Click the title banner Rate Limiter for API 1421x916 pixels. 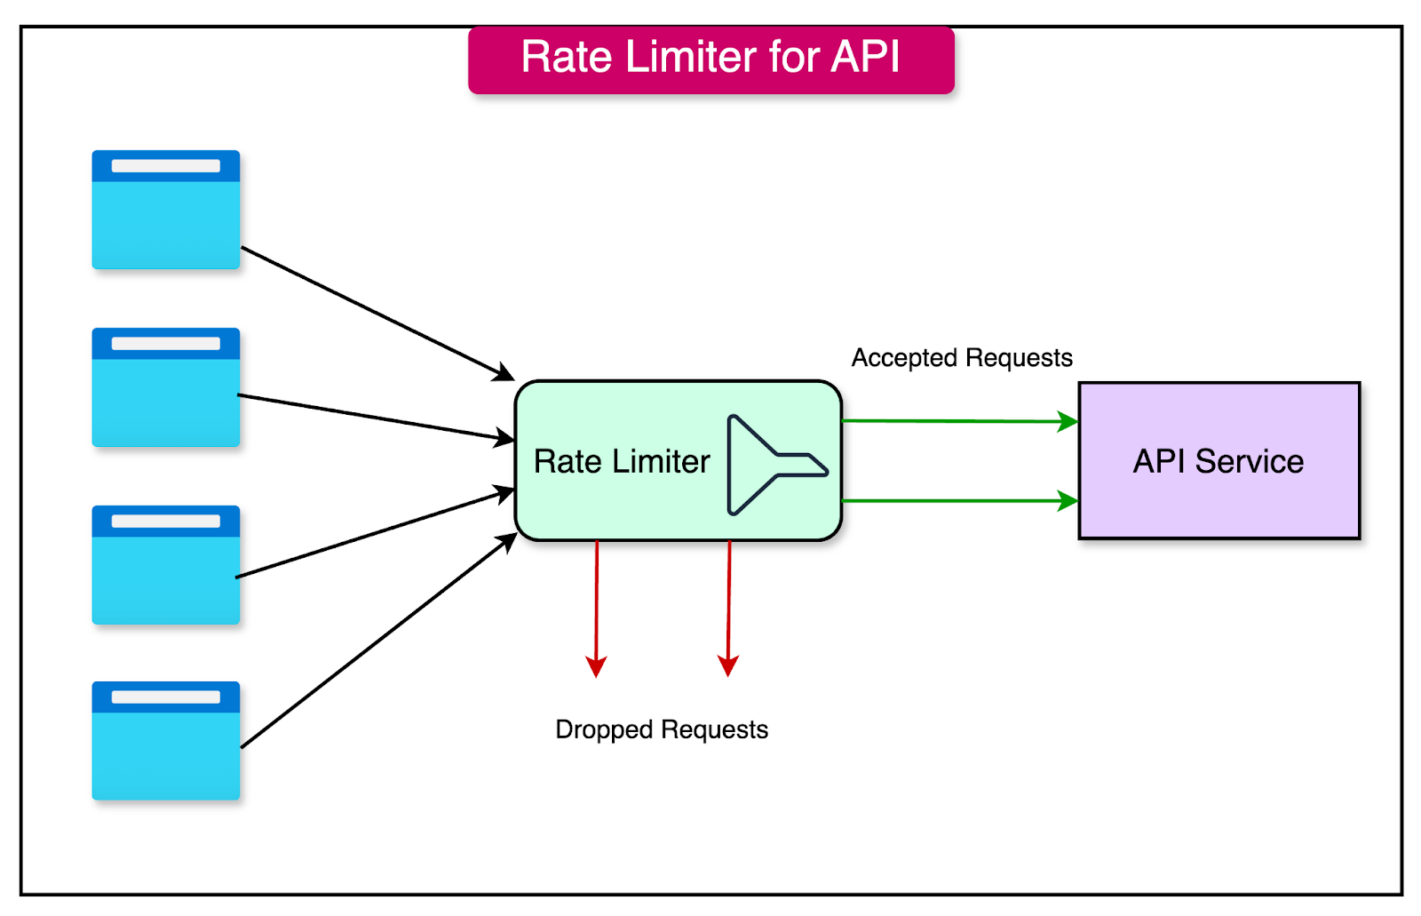pyautogui.click(x=710, y=60)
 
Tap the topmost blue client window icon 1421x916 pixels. pyautogui.click(x=166, y=210)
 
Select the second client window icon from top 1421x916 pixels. pyautogui.click(x=166, y=387)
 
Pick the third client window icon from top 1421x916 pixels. pyautogui.click(x=166, y=565)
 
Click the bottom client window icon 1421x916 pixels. pyautogui.click(x=166, y=741)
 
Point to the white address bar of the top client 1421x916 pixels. pyautogui.click(x=166, y=166)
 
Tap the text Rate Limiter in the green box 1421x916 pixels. pyautogui.click(x=622, y=462)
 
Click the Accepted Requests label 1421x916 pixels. pyautogui.click(x=962, y=358)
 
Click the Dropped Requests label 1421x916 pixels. pyautogui.click(x=662, y=729)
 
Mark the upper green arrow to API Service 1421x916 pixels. pyautogui.click(x=959, y=421)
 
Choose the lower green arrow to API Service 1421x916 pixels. pyautogui.click(x=959, y=501)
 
